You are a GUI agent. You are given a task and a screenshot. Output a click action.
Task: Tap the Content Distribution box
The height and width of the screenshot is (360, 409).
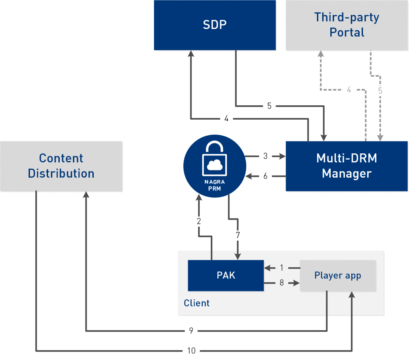coord(61,166)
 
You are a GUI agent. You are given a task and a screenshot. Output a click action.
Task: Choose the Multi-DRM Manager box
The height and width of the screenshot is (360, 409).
coord(347,166)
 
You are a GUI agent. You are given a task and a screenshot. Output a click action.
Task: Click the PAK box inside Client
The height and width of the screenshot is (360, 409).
coord(226,275)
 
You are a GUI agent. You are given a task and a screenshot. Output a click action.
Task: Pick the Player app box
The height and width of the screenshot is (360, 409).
coord(338,275)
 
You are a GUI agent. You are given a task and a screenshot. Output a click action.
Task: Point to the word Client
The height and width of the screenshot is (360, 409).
coord(197,303)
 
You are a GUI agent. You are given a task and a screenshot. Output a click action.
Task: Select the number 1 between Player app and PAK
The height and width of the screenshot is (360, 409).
coord(282,268)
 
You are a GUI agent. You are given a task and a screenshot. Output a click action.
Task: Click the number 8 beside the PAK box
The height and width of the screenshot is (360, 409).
coord(282,283)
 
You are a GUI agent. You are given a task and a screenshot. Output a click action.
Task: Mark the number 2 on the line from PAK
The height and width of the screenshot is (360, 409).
coord(199,221)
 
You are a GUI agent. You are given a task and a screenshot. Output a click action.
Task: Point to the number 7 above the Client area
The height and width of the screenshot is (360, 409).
coord(238,235)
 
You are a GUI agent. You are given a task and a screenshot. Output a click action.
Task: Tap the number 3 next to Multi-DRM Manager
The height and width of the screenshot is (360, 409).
coord(265,156)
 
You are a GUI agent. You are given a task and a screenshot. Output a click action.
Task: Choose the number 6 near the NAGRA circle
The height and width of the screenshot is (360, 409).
coord(265,176)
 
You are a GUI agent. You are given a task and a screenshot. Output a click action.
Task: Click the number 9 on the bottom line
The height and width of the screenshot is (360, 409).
coord(191,330)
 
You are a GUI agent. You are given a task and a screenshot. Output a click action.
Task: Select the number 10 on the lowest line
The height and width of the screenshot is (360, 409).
coord(191,350)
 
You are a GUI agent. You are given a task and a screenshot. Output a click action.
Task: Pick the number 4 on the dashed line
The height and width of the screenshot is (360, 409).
coord(349,90)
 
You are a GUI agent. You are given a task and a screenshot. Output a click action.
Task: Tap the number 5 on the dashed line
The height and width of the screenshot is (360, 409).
coord(380,91)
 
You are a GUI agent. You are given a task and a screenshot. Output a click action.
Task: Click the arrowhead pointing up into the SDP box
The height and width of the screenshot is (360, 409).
coord(191,54)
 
